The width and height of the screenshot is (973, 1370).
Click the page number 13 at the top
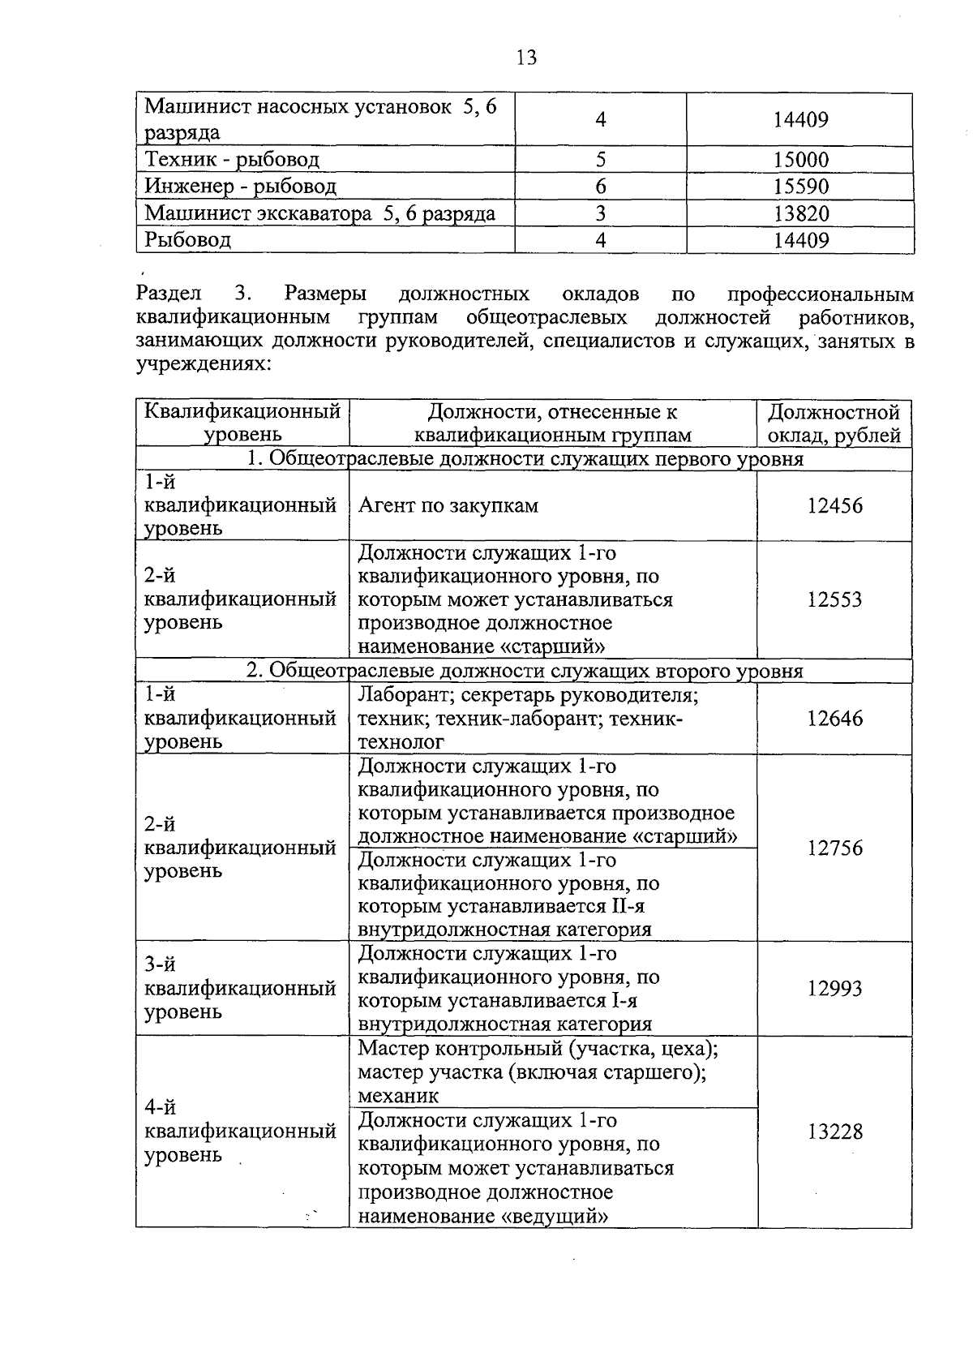(526, 58)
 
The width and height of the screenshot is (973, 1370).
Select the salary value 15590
(800, 187)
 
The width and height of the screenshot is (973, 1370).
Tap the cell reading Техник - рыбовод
(232, 160)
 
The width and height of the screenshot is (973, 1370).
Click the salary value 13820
(800, 213)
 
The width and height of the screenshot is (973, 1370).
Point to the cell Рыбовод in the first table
(187, 240)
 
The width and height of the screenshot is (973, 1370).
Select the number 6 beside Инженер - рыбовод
(601, 187)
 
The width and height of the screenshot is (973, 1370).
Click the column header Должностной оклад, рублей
(834, 423)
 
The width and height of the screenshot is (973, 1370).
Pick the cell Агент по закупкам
(448, 506)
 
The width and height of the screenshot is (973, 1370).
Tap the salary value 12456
(834, 506)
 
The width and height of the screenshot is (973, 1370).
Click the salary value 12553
(834, 599)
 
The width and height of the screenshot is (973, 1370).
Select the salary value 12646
(834, 719)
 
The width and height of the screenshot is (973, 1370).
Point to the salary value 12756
(834, 848)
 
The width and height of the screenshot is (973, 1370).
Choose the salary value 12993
(834, 989)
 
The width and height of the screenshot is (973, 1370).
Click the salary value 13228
(834, 1132)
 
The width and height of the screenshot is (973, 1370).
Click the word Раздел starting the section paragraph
(169, 294)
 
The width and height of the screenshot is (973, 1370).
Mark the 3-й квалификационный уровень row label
(240, 988)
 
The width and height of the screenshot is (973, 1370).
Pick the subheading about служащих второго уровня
(525, 672)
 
